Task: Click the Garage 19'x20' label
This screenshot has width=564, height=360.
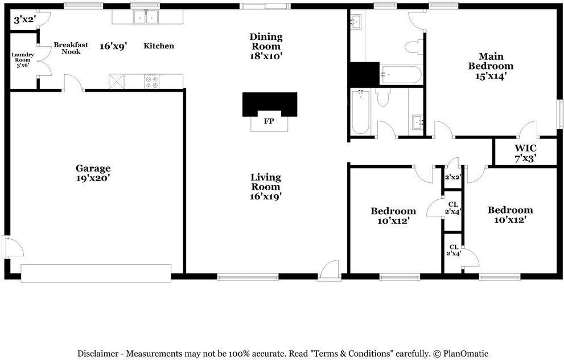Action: (x=93, y=173)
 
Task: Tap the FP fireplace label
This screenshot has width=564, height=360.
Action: (x=269, y=121)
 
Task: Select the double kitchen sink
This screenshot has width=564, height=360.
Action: (x=146, y=18)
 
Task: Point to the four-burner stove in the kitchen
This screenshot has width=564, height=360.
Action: (x=152, y=81)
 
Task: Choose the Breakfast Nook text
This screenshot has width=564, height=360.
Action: (x=67, y=48)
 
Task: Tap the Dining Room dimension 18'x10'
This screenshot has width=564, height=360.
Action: (x=266, y=56)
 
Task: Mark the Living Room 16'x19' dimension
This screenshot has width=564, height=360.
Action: (x=266, y=197)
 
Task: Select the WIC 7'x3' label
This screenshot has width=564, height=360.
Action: (x=525, y=153)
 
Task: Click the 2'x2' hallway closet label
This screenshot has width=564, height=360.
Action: (x=452, y=177)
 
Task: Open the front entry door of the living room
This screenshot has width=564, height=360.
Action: (x=329, y=271)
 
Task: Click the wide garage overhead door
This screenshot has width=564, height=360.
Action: (x=96, y=272)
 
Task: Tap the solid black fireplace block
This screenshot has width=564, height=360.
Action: (x=269, y=104)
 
